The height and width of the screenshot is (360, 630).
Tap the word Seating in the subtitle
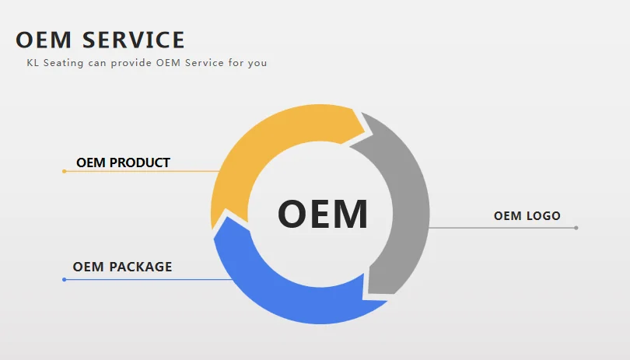pos(62,63)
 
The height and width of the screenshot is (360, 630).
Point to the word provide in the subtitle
pos(131,63)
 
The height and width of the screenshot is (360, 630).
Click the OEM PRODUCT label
pos(123,163)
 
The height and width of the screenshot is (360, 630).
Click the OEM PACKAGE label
pos(122,267)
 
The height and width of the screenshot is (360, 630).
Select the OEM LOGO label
pos(527,215)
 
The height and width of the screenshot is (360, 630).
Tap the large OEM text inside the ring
pos(322,214)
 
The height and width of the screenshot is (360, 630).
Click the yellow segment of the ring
pos(257,148)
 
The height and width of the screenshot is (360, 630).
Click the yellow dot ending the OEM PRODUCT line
pos(64,171)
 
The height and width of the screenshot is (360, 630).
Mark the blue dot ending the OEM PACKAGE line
pos(64,279)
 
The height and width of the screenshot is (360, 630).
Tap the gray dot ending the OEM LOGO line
pos(576,228)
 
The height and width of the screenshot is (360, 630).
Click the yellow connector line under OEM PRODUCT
pos(140,171)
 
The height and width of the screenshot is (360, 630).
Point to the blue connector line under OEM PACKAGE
pos(148,279)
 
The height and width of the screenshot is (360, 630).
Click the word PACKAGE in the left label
pos(141,267)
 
